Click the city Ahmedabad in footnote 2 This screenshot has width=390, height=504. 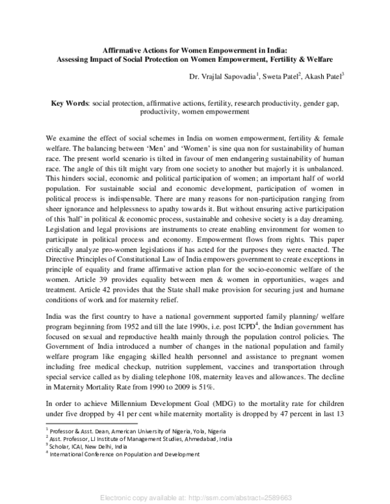tap(187, 438)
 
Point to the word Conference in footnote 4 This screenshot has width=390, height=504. tap(109, 454)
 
